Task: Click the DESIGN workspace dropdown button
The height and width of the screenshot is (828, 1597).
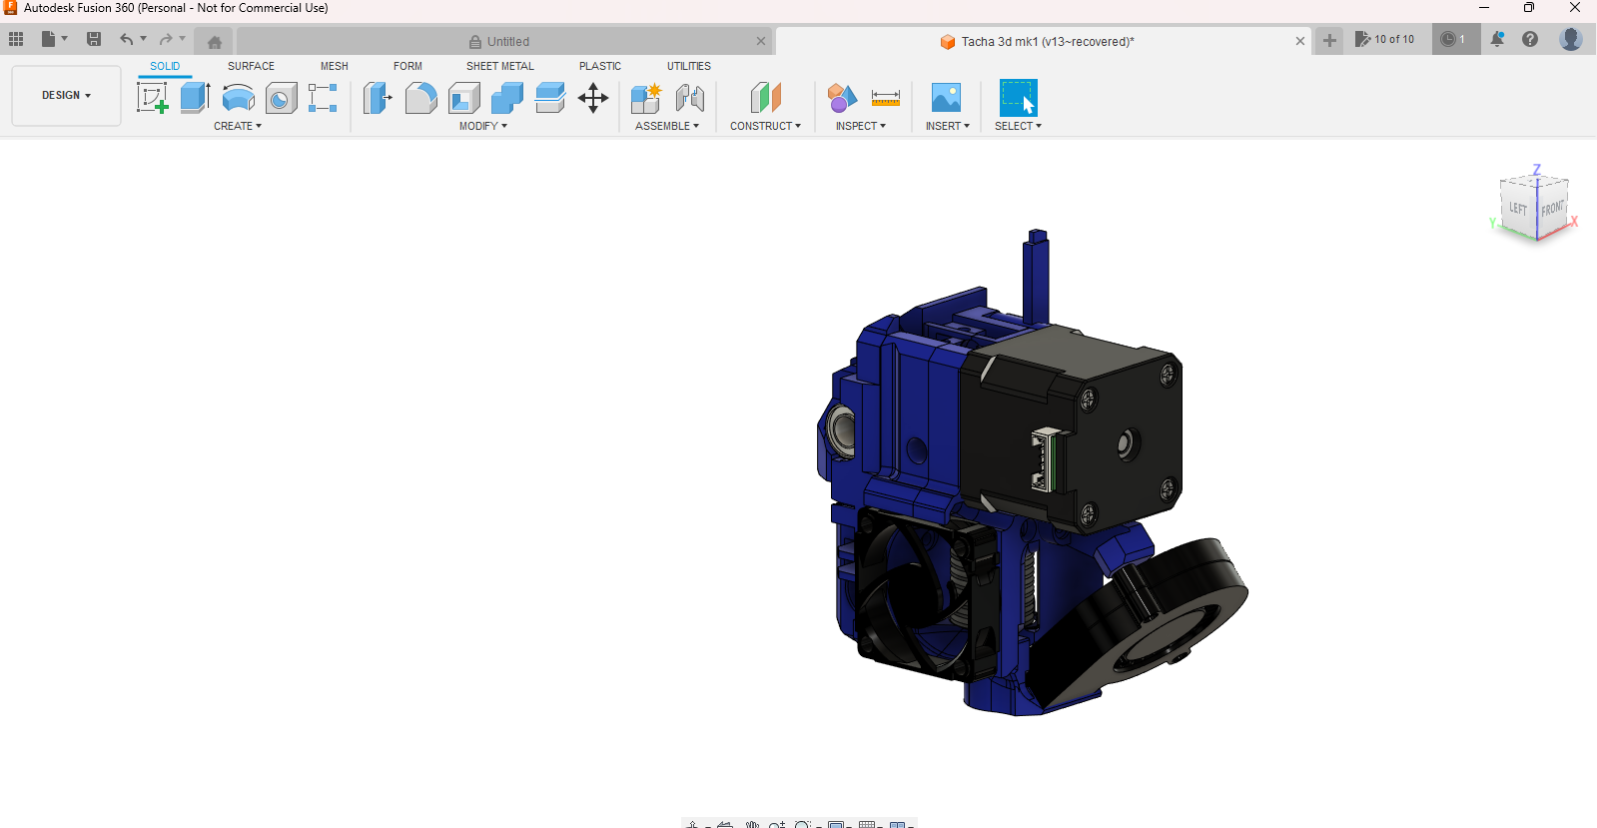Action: pos(66,96)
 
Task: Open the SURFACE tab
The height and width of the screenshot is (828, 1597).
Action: pos(251,66)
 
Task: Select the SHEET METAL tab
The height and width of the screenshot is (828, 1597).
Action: pos(499,66)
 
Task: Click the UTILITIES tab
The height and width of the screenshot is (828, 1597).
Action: pos(688,66)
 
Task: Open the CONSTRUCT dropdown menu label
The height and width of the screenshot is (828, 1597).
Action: pos(765,126)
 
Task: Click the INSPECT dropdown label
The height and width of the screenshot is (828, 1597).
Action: pos(860,126)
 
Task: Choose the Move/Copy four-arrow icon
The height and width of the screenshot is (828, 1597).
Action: pos(593,98)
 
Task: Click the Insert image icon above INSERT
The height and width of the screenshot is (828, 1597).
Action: pos(945,98)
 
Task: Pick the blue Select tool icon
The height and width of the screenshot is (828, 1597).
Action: pos(1018,98)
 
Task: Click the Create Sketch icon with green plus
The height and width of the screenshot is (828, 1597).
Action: pos(152,98)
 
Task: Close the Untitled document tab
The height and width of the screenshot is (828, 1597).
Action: pos(761,41)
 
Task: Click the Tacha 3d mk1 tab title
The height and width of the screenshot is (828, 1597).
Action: pos(1047,42)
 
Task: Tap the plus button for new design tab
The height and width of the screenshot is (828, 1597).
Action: pos(1329,40)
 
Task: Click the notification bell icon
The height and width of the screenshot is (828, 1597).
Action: pos(1497,39)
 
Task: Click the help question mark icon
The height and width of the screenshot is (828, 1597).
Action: pos(1529,39)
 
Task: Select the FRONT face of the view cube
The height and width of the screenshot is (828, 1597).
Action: pos(1552,209)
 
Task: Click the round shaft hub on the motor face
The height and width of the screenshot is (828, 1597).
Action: pos(1128,443)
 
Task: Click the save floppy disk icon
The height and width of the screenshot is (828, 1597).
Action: pos(94,39)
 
